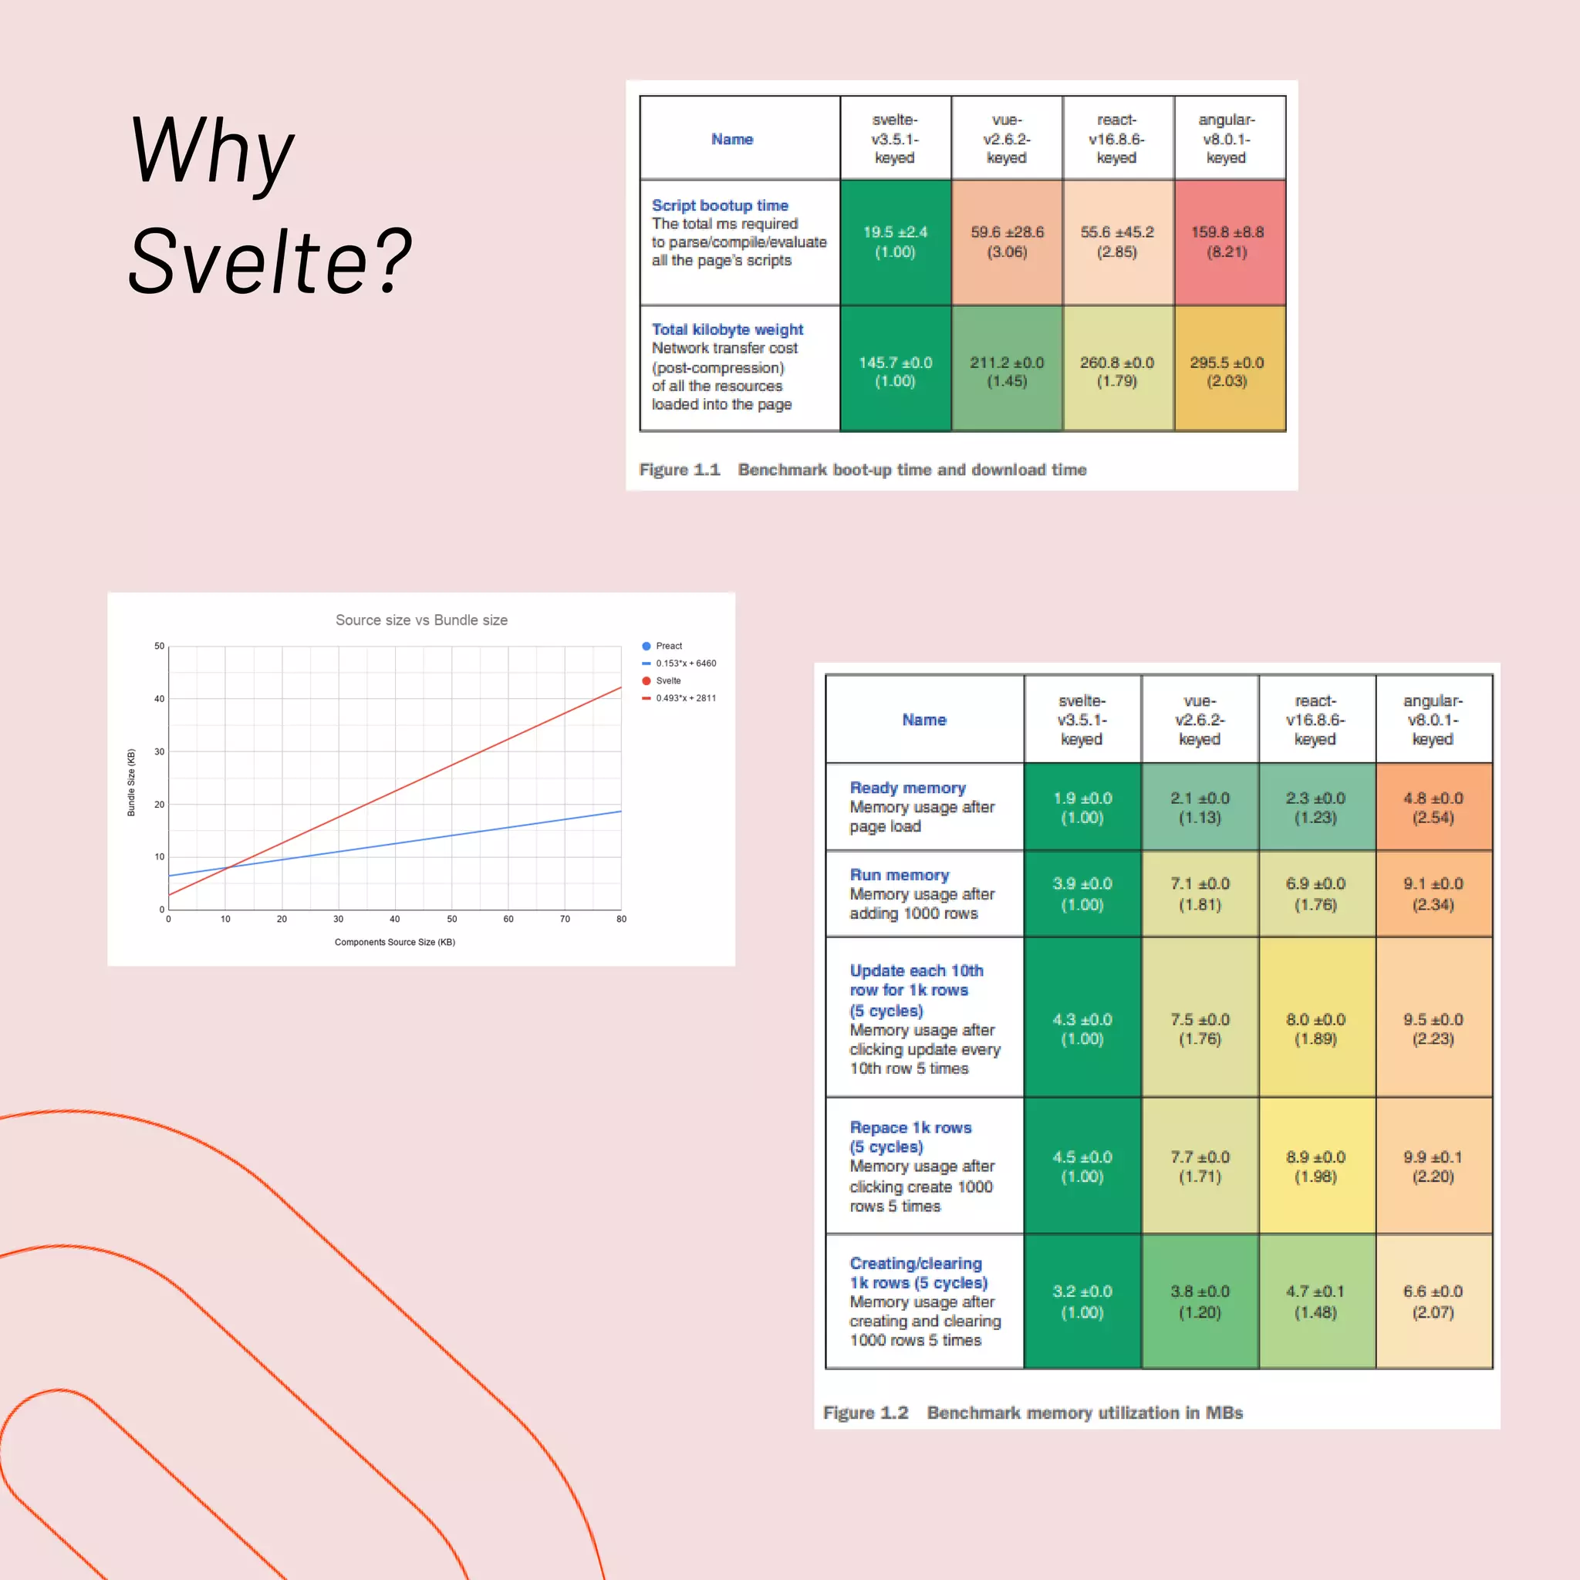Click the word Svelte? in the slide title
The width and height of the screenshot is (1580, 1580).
coord(270,262)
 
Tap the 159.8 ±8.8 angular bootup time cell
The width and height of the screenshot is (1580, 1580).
coord(1227,241)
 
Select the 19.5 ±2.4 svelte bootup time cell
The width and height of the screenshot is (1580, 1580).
coord(895,241)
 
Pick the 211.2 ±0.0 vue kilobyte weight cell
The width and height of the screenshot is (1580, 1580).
coord(1007,370)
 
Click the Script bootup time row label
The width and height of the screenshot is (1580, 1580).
coord(720,205)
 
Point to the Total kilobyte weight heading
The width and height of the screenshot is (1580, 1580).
coord(727,329)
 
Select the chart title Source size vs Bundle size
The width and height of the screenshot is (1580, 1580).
coord(421,620)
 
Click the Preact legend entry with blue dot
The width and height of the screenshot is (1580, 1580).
coord(667,646)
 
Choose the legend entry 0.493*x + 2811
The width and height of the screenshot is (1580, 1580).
coord(684,697)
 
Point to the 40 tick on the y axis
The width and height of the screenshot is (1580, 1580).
coord(159,698)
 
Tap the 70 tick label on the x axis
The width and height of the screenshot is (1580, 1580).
coord(564,919)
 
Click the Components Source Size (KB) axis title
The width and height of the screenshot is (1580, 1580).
coord(394,942)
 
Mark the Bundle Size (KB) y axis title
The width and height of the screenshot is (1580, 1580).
coord(131,782)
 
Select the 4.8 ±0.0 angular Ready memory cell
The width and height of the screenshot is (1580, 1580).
coord(1433,807)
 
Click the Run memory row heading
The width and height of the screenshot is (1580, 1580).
coord(899,874)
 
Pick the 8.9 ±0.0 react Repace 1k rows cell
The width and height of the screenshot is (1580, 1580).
coord(1315,1166)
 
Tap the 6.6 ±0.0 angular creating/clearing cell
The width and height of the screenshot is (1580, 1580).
coord(1433,1301)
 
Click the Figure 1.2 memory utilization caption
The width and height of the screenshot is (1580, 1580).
coord(1032,1413)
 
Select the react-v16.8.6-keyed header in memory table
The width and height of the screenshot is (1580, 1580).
coord(1315,720)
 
